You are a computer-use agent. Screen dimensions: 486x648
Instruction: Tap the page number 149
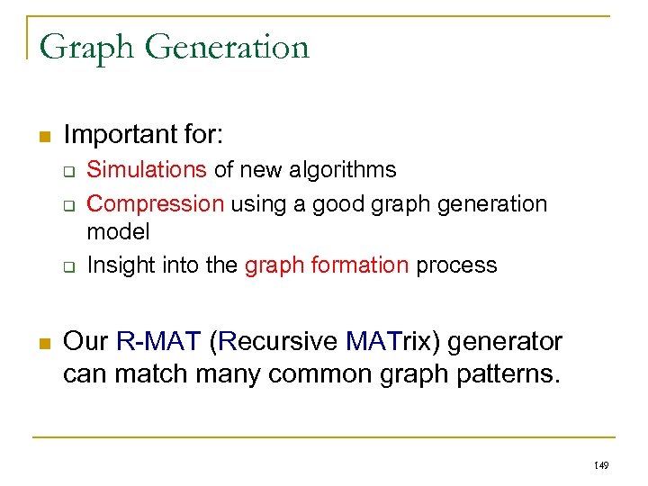pyautogui.click(x=601, y=465)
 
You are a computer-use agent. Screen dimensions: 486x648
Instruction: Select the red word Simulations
pyautogui.click(x=147, y=169)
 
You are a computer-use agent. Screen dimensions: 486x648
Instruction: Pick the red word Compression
pyautogui.click(x=156, y=203)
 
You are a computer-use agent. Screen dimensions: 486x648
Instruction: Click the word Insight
pyautogui.click(x=120, y=265)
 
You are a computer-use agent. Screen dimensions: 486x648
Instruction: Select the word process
pyautogui.click(x=455, y=265)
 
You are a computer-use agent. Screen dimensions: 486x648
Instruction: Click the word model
pyautogui.click(x=118, y=231)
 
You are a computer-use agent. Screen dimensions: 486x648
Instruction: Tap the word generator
pyautogui.click(x=509, y=342)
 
